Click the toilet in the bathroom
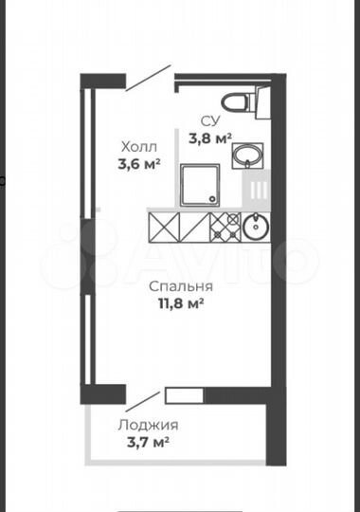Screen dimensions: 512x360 pyautogui.click(x=237, y=102)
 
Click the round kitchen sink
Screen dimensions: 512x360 pyautogui.click(x=255, y=227)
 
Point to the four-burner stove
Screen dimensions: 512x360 pyautogui.click(x=225, y=228)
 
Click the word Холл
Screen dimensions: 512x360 pyautogui.click(x=138, y=147)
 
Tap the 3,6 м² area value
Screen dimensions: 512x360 pyautogui.click(x=139, y=163)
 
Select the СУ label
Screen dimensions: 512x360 pyautogui.click(x=209, y=120)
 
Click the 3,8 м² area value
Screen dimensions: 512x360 pyautogui.click(x=210, y=137)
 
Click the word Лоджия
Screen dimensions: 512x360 pyautogui.click(x=148, y=425)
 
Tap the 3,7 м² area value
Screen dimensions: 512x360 pyautogui.click(x=148, y=442)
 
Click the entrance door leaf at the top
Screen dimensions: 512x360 pyautogui.click(x=149, y=80)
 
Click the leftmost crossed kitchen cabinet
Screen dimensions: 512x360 pyautogui.click(x=163, y=228)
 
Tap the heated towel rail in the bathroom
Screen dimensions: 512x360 pyautogui.click(x=257, y=191)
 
